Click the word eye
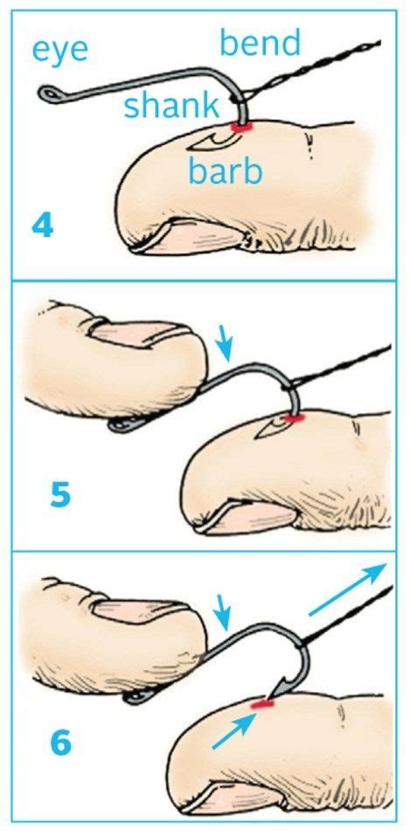(60, 49)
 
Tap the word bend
(260, 41)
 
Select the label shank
(171, 106)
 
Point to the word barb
(225, 171)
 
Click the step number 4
(42, 225)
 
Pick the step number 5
(59, 495)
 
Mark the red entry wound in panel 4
(238, 129)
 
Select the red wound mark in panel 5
(294, 419)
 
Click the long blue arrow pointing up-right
(347, 590)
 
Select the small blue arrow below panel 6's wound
(233, 730)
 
